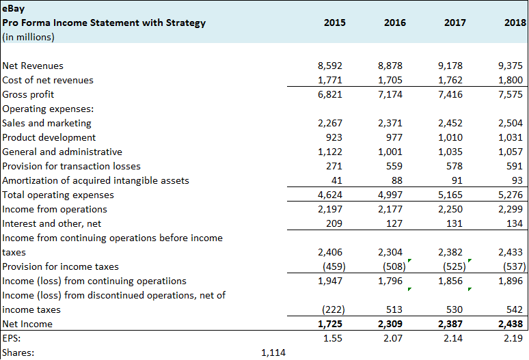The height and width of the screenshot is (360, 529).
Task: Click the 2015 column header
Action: (335, 23)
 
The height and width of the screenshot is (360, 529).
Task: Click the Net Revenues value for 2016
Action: (390, 66)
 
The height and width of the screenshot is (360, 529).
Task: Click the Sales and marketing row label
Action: (47, 123)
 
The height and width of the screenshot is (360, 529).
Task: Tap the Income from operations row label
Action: (55, 209)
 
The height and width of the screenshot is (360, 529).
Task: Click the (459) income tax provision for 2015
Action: (331, 266)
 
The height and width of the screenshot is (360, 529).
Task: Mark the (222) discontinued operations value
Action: (331, 309)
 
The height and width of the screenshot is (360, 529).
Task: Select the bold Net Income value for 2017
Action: (449, 324)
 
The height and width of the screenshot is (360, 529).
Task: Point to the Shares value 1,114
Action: (273, 352)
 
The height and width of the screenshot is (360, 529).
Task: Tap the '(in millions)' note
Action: (29, 37)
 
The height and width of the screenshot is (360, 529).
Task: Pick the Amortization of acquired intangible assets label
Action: (96, 180)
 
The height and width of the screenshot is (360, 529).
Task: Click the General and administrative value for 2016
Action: (390, 152)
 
